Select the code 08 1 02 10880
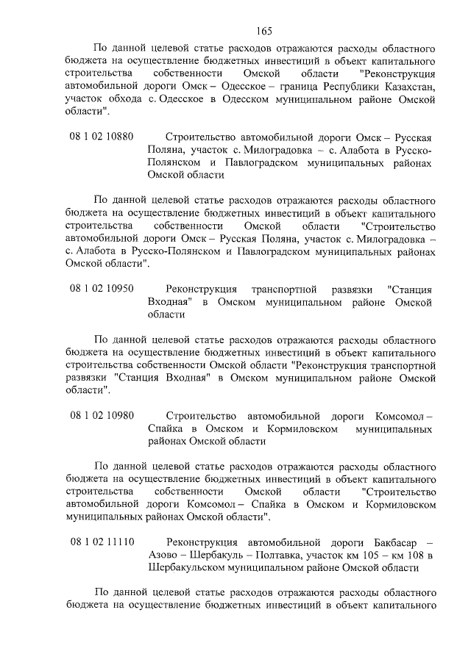102,137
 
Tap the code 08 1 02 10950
102,288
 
